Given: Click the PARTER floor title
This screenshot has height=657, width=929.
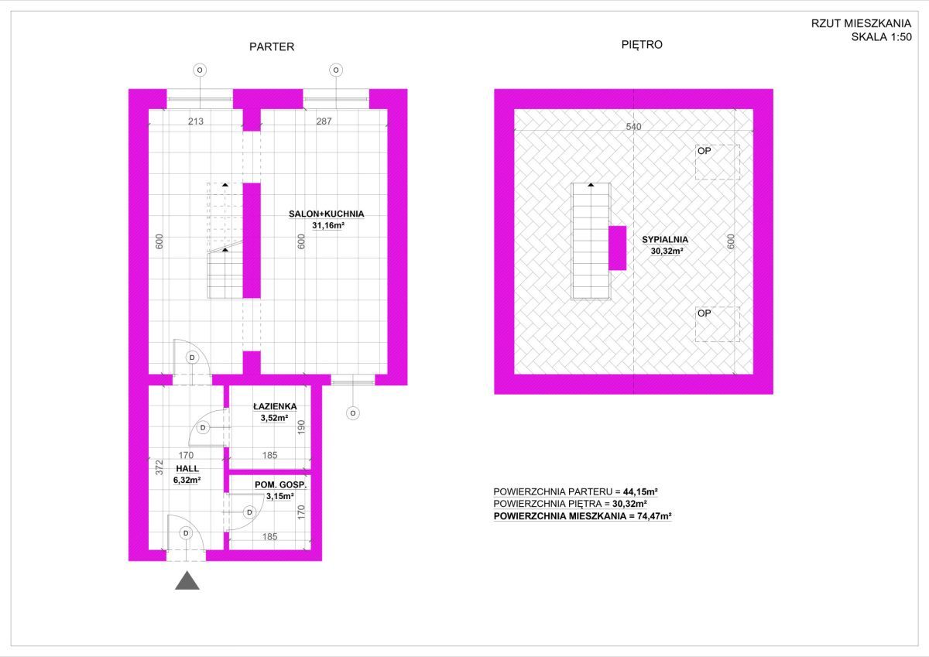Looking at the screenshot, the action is (x=272, y=47).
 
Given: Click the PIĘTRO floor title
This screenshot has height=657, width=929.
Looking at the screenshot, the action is (x=642, y=45).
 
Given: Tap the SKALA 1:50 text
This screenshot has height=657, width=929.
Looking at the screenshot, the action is (x=881, y=37).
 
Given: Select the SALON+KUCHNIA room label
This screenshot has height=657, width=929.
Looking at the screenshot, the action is (x=327, y=214).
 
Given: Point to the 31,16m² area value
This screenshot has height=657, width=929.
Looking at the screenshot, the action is (x=328, y=225).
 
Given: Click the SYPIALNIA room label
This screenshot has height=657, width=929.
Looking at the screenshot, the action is (x=665, y=240).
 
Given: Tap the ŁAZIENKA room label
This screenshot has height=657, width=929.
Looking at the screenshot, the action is (x=275, y=406).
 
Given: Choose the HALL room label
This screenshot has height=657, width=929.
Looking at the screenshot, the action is (x=187, y=468).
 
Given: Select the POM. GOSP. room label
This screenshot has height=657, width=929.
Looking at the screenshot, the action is (x=281, y=484).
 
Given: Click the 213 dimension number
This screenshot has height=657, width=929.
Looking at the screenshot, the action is (x=196, y=121).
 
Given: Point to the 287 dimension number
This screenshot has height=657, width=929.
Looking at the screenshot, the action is (x=324, y=121).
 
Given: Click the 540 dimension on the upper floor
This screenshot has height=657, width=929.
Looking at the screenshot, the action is (x=633, y=126).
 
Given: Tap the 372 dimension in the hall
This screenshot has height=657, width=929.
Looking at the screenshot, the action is (x=159, y=467).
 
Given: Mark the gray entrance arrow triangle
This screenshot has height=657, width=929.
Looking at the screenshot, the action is (x=187, y=580).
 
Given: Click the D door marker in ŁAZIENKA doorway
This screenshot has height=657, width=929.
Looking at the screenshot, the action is (x=203, y=427).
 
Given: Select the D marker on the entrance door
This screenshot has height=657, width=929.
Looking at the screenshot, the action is (x=186, y=533).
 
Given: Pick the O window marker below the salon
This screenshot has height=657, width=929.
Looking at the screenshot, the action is (x=353, y=413).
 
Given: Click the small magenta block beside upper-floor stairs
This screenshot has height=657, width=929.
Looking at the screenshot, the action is (x=618, y=248).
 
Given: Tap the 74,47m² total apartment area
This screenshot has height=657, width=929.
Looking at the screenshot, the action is (x=654, y=516).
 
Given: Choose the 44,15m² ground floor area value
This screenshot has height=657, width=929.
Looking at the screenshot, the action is (x=640, y=491).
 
